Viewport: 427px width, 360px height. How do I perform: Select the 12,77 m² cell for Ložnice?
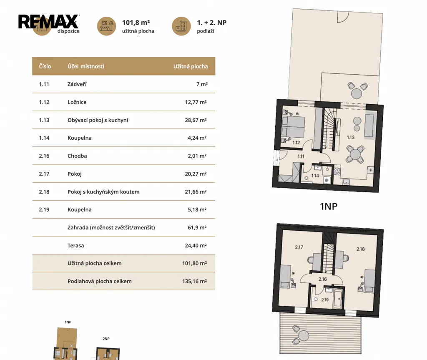(x=196, y=102)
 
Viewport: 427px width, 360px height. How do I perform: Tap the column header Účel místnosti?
(x=86, y=66)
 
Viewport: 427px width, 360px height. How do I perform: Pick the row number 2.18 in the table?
(x=44, y=192)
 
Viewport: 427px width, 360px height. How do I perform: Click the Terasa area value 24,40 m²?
(x=196, y=246)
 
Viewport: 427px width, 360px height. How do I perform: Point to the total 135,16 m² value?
(x=194, y=281)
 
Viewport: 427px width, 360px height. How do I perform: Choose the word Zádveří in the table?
(x=77, y=84)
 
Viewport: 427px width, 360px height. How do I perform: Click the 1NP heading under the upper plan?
(x=329, y=206)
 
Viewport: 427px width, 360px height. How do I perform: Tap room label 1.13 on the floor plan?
(x=350, y=137)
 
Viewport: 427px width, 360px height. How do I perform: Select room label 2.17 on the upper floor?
(x=299, y=247)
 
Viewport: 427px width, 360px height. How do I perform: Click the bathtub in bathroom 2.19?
(x=338, y=299)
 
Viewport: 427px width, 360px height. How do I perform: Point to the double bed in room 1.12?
(x=293, y=127)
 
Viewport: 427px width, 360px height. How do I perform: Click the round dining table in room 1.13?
(x=355, y=155)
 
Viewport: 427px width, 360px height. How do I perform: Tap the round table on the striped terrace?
(x=304, y=335)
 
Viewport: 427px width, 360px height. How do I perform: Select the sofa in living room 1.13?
(x=369, y=126)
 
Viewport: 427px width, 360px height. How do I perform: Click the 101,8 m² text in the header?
(x=136, y=23)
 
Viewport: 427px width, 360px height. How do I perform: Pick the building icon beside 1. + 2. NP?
(x=181, y=26)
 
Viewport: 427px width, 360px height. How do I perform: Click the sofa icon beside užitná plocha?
(x=106, y=26)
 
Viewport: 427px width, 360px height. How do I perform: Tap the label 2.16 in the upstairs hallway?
(x=323, y=279)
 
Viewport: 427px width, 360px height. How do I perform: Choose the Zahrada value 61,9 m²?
(x=197, y=227)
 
